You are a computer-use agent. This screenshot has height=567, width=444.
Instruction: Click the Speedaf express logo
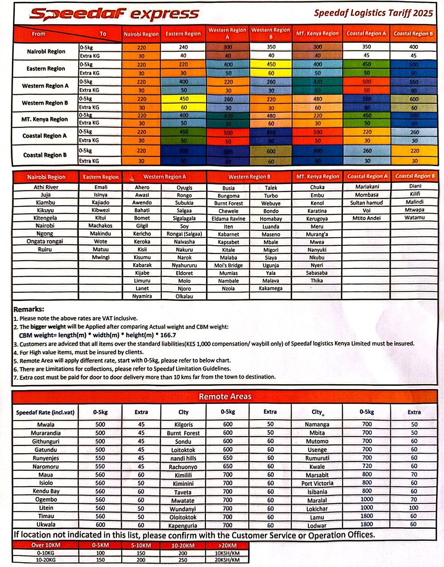114,14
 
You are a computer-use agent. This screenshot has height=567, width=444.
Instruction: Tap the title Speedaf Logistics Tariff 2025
373,13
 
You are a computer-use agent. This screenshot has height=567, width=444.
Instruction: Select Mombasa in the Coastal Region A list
366,195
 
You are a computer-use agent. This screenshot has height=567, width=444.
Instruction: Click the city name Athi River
46,187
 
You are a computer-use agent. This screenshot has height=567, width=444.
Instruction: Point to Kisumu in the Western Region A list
142,257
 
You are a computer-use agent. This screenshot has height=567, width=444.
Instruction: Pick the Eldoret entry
184,273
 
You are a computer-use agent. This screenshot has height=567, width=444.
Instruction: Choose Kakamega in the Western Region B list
271,288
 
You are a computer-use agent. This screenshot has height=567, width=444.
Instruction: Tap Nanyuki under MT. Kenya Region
317,250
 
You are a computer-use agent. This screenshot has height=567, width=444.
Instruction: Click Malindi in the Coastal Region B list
414,202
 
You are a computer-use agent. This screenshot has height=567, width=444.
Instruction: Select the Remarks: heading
29,309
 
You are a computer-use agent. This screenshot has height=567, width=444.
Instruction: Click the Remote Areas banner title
225,396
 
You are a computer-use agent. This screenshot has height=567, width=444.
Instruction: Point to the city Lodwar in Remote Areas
317,526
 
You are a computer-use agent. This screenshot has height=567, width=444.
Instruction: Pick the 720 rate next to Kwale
367,466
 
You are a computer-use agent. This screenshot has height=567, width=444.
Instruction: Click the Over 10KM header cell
45,545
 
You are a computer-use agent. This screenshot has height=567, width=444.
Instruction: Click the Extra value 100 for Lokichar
414,508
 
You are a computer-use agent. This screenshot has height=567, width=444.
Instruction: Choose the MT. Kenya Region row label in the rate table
45,119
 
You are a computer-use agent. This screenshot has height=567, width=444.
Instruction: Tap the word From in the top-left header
39,34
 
